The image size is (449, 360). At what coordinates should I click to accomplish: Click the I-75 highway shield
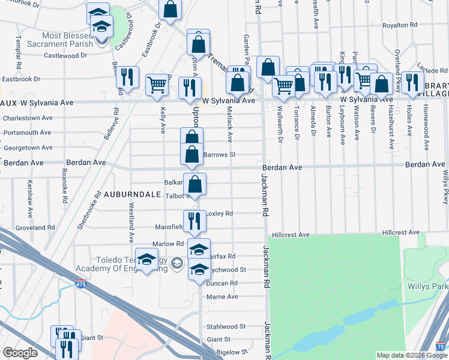[441, 346]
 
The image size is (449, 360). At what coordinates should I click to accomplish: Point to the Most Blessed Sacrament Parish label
[60, 40]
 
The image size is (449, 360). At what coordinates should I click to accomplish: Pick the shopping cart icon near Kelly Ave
[157, 85]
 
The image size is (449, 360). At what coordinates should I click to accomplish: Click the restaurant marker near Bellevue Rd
[127, 77]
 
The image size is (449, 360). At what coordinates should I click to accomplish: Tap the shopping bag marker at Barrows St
[191, 154]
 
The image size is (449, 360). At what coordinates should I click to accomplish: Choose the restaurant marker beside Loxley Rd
[194, 220]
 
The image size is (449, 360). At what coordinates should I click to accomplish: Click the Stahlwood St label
[226, 326]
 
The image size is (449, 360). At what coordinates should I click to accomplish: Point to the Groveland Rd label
[35, 228]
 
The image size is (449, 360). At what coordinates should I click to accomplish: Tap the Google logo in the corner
[19, 353]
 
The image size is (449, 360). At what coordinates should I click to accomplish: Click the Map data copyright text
[411, 355]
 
